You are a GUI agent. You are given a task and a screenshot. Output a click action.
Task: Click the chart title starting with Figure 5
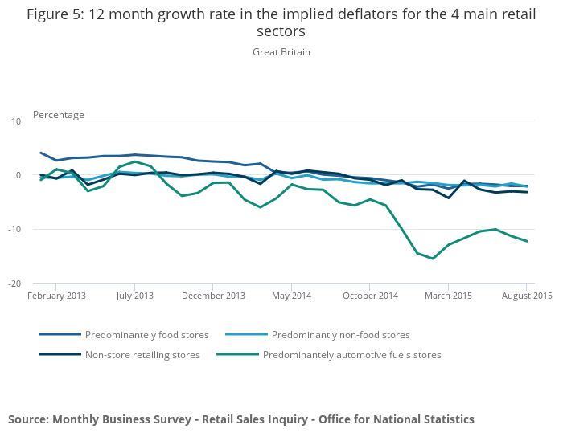click(x=281, y=22)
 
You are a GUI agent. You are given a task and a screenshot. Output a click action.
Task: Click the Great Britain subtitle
click(x=281, y=52)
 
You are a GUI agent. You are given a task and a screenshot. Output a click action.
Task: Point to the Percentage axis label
click(x=58, y=115)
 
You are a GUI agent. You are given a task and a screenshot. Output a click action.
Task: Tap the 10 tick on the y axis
click(x=16, y=121)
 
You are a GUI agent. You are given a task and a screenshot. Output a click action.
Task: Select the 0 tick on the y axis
click(x=18, y=175)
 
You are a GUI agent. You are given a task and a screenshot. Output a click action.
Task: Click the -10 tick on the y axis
click(x=14, y=230)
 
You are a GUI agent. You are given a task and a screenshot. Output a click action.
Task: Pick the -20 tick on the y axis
click(x=14, y=284)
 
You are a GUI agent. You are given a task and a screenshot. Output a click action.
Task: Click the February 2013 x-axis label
click(x=56, y=296)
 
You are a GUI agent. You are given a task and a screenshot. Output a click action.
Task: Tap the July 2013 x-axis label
click(x=134, y=296)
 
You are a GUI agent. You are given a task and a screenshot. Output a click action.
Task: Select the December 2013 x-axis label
click(x=213, y=296)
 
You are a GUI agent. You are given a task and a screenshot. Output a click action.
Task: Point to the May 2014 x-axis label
click(x=291, y=296)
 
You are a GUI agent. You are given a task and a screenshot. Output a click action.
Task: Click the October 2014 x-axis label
click(x=370, y=296)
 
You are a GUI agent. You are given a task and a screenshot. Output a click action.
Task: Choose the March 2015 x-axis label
click(x=448, y=296)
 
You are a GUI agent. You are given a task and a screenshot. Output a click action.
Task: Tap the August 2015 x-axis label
click(x=525, y=296)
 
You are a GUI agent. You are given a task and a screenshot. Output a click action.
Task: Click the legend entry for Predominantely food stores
click(x=146, y=335)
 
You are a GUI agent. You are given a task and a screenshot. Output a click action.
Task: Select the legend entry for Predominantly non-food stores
click(x=340, y=335)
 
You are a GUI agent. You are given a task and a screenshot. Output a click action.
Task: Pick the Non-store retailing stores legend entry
click(x=142, y=354)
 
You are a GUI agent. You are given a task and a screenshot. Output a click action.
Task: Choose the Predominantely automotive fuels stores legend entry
click(x=351, y=354)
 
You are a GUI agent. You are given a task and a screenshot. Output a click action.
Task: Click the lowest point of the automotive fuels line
click(x=433, y=259)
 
